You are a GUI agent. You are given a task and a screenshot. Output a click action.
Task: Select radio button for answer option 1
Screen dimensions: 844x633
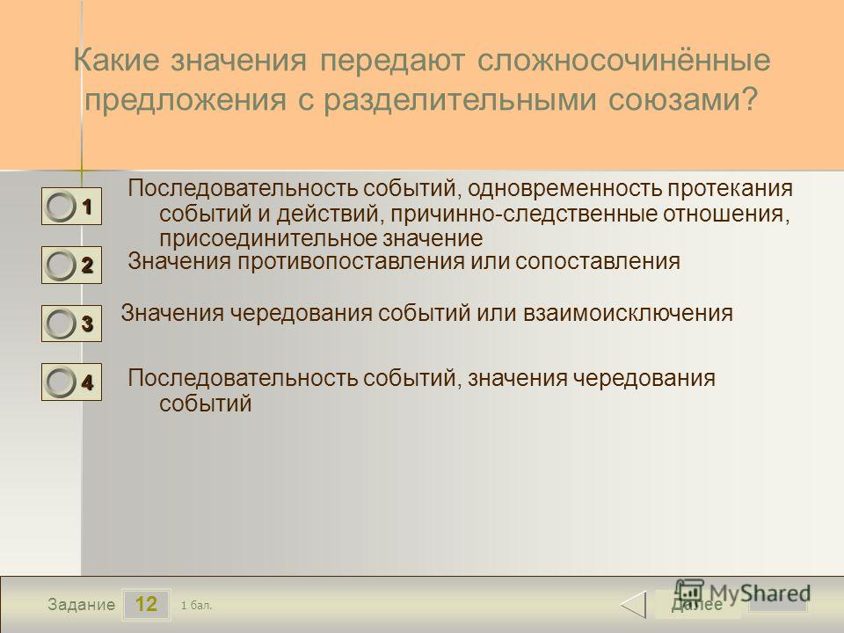coord(61,207)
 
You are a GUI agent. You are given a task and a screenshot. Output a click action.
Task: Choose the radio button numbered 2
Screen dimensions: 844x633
coord(61,266)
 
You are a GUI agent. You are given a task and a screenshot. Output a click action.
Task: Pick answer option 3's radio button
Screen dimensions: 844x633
coord(61,324)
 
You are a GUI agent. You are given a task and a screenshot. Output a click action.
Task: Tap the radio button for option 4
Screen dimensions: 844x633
coord(61,382)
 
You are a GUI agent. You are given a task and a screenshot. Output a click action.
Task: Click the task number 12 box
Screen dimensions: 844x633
coord(146,604)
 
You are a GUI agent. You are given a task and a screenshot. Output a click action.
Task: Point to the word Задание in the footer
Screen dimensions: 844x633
coord(81,605)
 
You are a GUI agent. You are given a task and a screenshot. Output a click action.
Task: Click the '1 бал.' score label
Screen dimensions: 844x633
coord(196,606)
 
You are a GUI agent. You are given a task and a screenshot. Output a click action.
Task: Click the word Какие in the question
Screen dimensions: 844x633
coord(116,59)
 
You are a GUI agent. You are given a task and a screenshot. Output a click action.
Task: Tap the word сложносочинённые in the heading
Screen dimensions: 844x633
coord(624,59)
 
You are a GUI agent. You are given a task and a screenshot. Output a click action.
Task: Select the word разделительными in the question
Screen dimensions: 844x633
coord(460,100)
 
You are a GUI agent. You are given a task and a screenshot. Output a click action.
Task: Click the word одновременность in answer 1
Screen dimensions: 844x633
coord(564,188)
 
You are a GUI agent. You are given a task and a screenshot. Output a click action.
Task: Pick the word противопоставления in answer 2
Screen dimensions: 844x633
coord(350,262)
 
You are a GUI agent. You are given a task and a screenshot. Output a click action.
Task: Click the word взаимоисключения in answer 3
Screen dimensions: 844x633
coord(628,313)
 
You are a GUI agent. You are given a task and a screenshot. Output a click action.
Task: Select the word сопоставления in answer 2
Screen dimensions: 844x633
coord(598,262)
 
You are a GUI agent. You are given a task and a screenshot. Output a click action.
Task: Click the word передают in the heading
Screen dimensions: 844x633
coord(392,61)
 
